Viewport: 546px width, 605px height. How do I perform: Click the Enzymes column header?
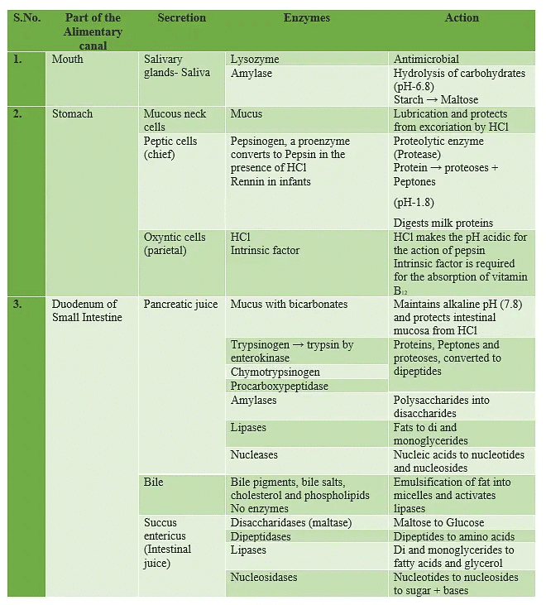click(306, 17)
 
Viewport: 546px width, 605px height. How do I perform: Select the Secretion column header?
click(182, 17)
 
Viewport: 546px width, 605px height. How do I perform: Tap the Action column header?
click(462, 17)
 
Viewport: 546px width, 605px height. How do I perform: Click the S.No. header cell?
click(27, 17)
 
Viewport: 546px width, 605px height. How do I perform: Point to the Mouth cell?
click(68, 60)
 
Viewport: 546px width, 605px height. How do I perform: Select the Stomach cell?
click(72, 114)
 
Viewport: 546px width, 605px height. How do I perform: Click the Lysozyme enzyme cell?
click(255, 60)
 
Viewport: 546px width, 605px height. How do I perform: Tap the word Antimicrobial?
click(426, 60)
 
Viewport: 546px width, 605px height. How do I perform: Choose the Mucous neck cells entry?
click(175, 120)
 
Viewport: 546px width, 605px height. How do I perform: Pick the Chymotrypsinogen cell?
click(275, 372)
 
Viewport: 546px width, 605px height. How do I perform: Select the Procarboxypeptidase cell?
click(279, 387)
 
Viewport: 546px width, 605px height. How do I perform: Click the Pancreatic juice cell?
click(180, 305)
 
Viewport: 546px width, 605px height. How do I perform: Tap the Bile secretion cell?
click(154, 483)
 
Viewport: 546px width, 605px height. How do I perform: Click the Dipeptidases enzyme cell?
click(261, 537)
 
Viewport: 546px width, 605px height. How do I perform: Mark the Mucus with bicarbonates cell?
click(289, 305)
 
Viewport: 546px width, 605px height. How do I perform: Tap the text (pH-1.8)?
click(414, 203)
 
